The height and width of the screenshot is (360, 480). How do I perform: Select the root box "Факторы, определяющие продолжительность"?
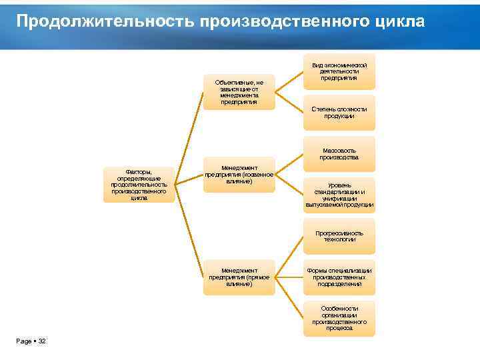pos(139,185)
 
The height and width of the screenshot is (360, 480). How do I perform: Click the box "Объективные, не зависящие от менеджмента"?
pos(239,92)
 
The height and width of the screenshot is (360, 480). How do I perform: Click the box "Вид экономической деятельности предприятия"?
pos(339,71)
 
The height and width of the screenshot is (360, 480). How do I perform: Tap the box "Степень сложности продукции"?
pos(339,112)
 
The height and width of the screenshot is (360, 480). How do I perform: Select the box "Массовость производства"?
pos(339,153)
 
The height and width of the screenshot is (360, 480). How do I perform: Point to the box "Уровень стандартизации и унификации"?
pos(339,195)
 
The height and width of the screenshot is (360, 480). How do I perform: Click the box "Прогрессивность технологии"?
pos(339,236)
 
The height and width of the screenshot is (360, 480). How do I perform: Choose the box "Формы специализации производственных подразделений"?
pos(339,277)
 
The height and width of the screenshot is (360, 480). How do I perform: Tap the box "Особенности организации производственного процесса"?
pos(339,318)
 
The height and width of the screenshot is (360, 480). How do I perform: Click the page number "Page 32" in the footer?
pos(31,341)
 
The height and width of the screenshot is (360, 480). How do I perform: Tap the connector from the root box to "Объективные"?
pos(189,133)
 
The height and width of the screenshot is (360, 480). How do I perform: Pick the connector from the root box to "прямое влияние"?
pos(189,233)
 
